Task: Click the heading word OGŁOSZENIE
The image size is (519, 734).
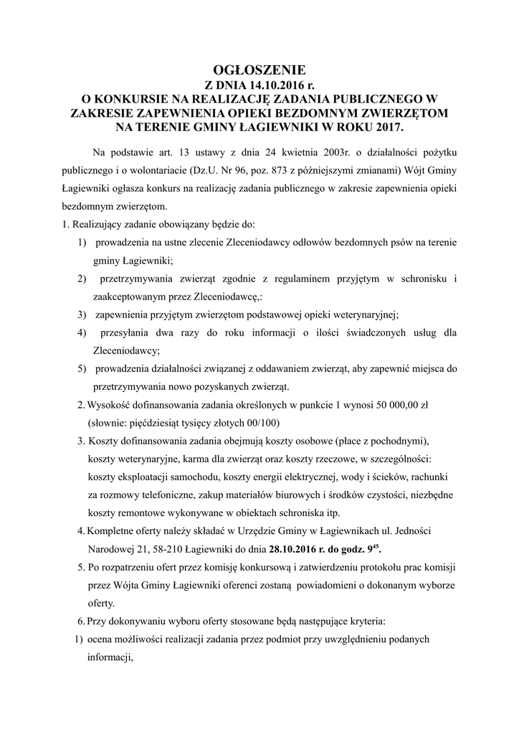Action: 259,70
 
